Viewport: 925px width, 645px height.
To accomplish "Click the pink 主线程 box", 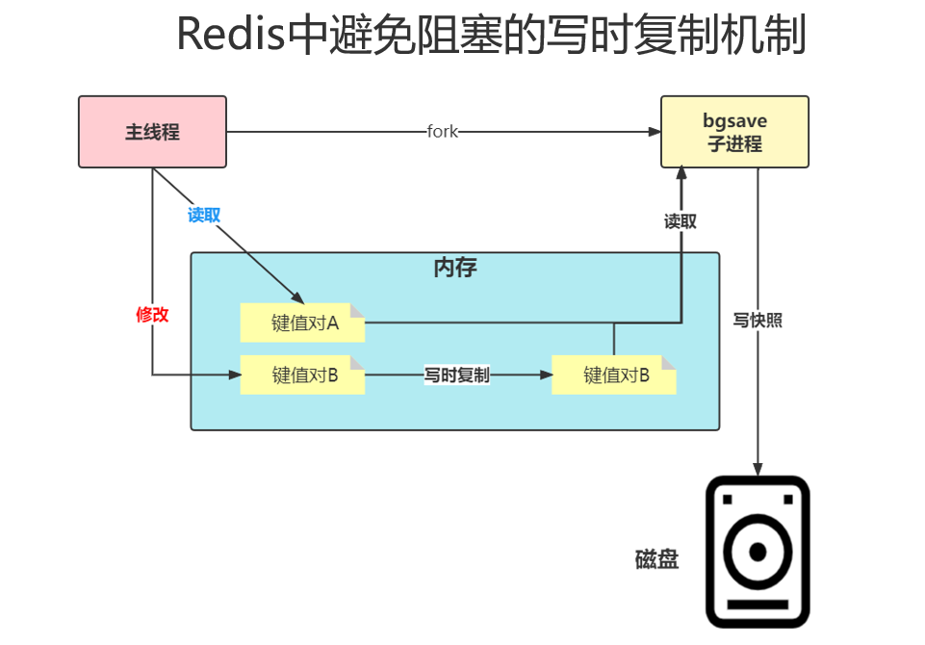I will pyautogui.click(x=152, y=132).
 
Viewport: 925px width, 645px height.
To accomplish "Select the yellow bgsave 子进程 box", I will pyautogui.click(x=733, y=132).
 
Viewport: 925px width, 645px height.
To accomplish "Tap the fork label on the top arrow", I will pyautogui.click(x=443, y=132).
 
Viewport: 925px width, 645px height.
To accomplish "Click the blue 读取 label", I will pyautogui.click(x=204, y=216).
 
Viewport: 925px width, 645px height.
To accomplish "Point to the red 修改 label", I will pyautogui.click(x=152, y=315).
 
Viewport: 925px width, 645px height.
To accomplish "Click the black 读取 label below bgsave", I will pyautogui.click(x=681, y=221).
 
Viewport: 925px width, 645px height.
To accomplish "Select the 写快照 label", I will pyautogui.click(x=758, y=321).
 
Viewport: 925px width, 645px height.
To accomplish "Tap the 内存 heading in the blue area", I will pyautogui.click(x=455, y=269).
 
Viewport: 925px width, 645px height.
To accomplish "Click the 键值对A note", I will pyautogui.click(x=303, y=323).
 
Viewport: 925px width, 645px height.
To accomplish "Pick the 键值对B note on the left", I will pyautogui.click(x=303, y=375).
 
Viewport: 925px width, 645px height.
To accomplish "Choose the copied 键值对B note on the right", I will pyautogui.click(x=614, y=375).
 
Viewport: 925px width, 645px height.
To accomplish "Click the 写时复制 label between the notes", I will pyautogui.click(x=457, y=375).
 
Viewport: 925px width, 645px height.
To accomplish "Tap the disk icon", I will pyautogui.click(x=758, y=552).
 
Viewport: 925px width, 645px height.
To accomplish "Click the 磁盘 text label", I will pyautogui.click(x=656, y=558).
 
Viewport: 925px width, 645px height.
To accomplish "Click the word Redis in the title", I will pyautogui.click(x=232, y=37).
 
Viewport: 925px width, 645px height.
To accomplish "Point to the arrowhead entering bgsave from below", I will pyautogui.click(x=681, y=174).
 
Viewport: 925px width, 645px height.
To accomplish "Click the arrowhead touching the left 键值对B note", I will pyautogui.click(x=234, y=375).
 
